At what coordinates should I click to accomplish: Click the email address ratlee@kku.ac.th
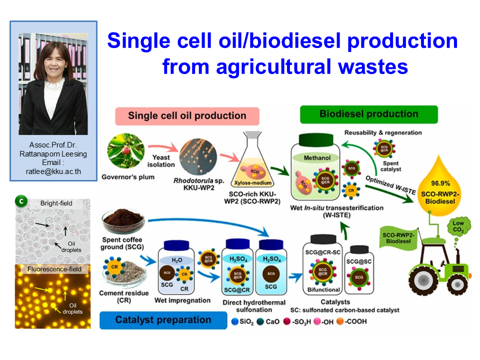53,171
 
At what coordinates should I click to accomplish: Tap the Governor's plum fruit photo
126,151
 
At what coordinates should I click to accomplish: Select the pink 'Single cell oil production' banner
187,116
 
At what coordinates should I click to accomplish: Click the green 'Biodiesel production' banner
369,114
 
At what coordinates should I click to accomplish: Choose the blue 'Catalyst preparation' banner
163,320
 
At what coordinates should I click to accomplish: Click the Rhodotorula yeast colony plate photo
198,156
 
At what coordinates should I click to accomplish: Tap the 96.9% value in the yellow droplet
440,183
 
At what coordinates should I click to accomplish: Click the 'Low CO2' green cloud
458,226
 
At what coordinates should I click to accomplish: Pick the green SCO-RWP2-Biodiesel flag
398,238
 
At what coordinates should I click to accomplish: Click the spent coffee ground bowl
123,221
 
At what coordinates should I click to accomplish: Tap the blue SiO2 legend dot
235,321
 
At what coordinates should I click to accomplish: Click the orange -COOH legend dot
340,321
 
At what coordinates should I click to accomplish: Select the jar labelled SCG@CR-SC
323,265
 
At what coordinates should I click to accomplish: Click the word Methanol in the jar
317,158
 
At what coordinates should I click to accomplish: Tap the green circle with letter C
21,201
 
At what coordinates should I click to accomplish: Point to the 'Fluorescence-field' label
54,269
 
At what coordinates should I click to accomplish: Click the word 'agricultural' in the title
273,66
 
